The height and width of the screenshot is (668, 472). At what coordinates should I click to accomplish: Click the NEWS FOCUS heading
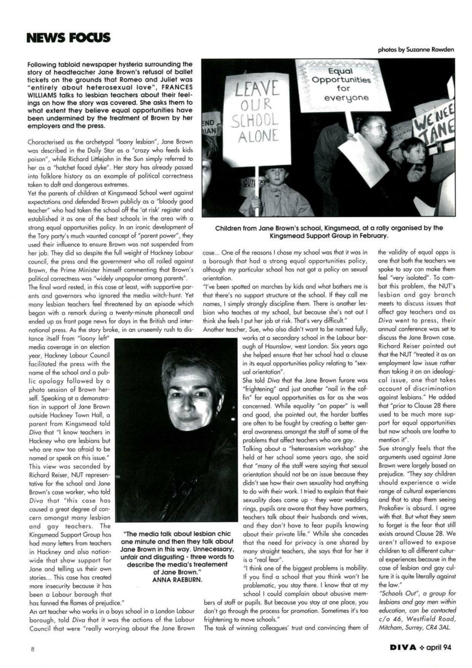[x=68, y=38]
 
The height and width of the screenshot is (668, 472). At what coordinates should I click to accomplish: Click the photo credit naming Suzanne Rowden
[x=416, y=50]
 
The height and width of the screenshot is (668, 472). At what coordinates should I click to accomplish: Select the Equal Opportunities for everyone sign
[x=343, y=83]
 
